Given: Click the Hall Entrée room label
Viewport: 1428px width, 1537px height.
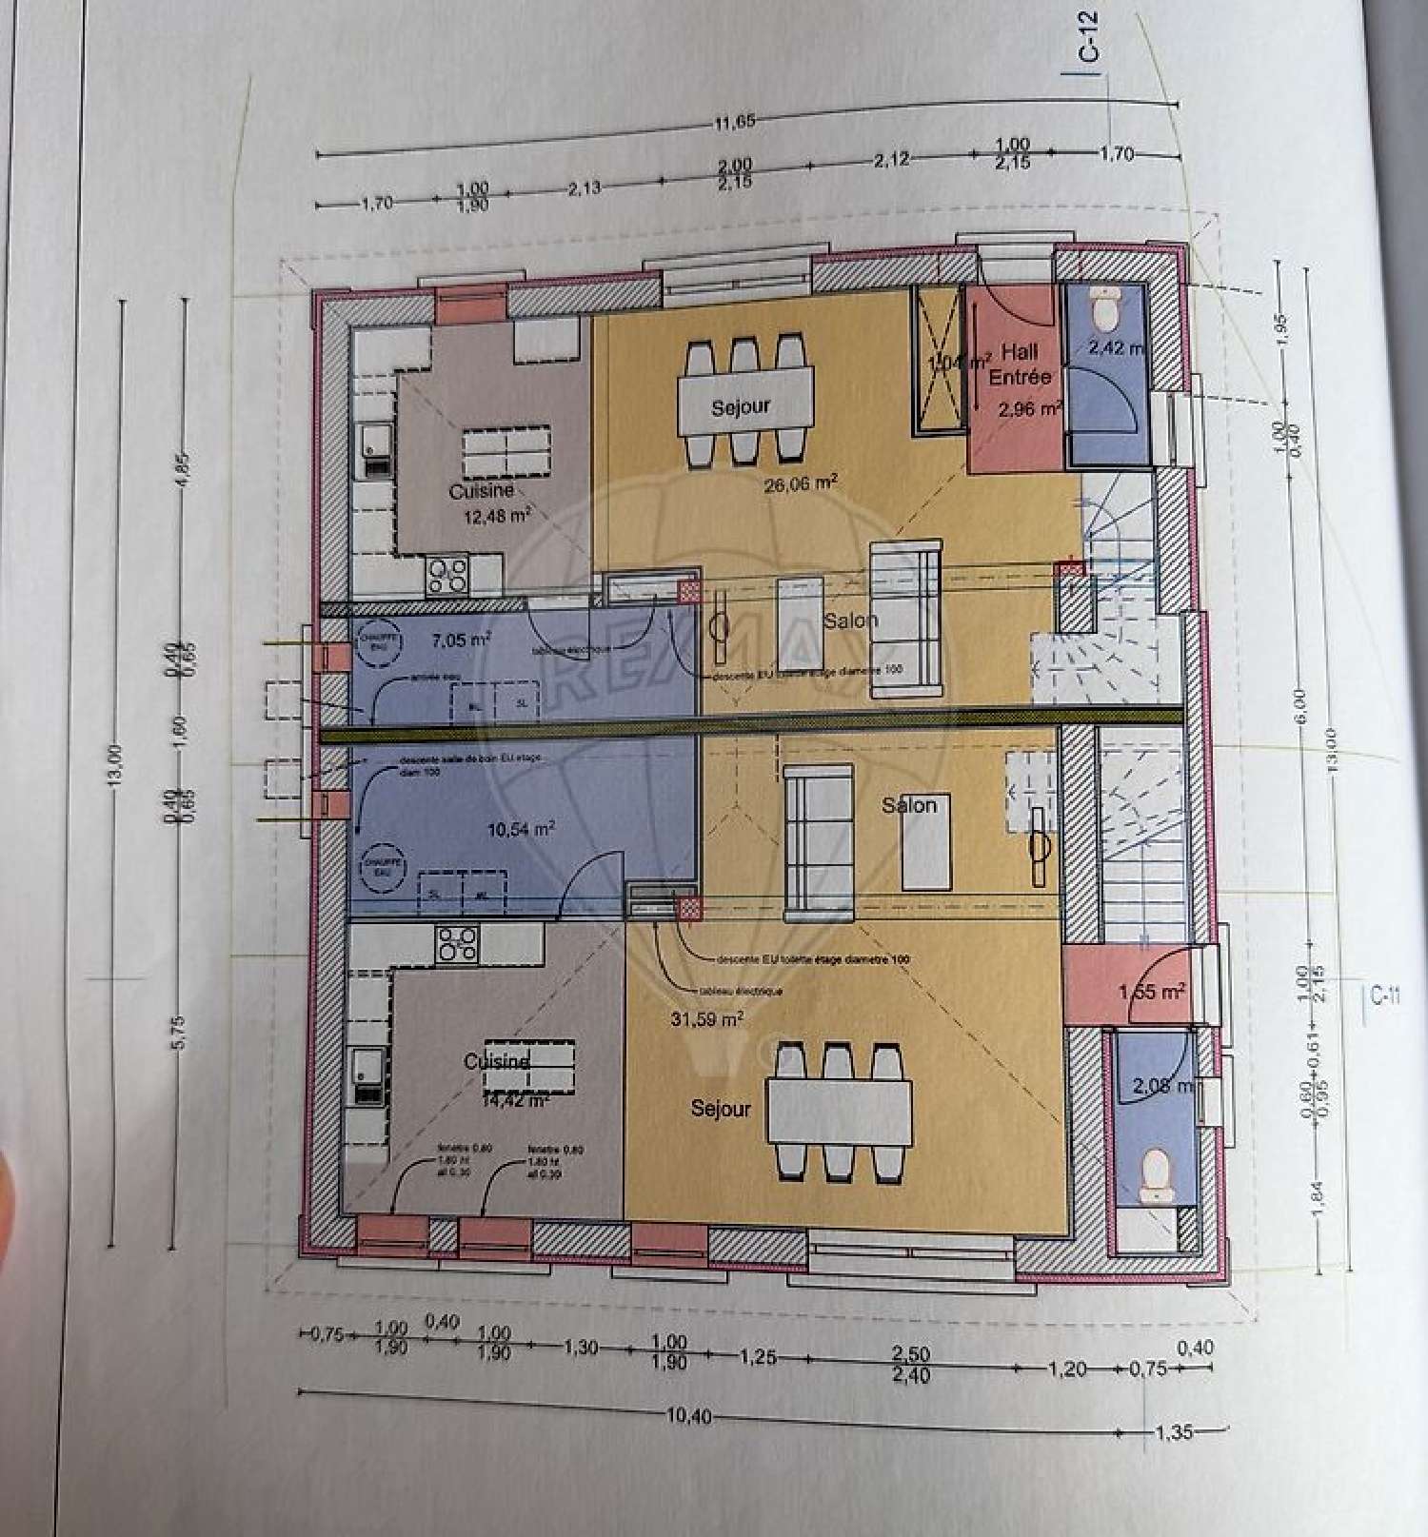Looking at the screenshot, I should click(x=1020, y=365).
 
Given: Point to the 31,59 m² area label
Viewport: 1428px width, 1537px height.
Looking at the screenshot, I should click(x=706, y=1019).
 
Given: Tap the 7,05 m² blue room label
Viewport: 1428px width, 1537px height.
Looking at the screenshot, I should click(x=461, y=640).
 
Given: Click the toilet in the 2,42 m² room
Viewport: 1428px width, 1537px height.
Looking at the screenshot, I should click(x=1106, y=306).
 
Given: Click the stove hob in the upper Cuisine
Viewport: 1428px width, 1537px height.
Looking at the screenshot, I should click(x=447, y=575).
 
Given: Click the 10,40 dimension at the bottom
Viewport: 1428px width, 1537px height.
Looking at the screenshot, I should click(x=688, y=1415).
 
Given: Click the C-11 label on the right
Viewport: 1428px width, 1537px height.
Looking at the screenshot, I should click(x=1386, y=995).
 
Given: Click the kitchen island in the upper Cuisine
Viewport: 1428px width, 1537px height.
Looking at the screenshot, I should click(x=506, y=453).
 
